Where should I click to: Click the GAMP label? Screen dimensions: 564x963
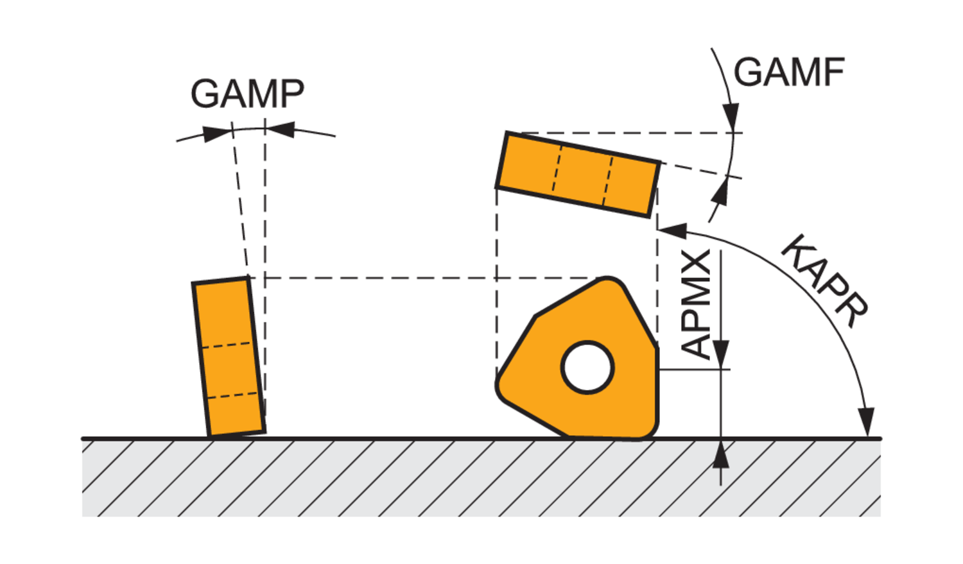point(247,94)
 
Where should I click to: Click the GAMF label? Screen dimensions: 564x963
point(788,72)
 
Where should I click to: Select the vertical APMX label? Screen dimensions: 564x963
point(697,304)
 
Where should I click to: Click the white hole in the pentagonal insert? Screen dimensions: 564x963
point(587,367)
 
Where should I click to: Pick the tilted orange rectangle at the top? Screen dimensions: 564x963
point(578,174)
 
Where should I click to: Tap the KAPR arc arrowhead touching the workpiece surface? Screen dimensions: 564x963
point(867,422)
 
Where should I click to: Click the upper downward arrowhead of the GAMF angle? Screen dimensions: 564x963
point(731,117)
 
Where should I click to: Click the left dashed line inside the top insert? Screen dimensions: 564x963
point(557,168)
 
